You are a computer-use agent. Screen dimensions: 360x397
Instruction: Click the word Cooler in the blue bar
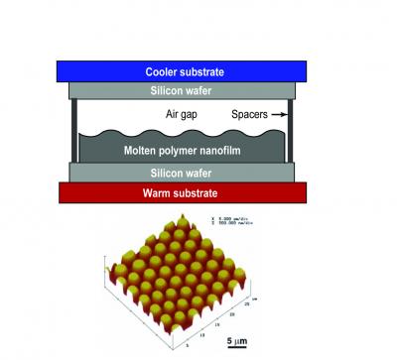[167, 71]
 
